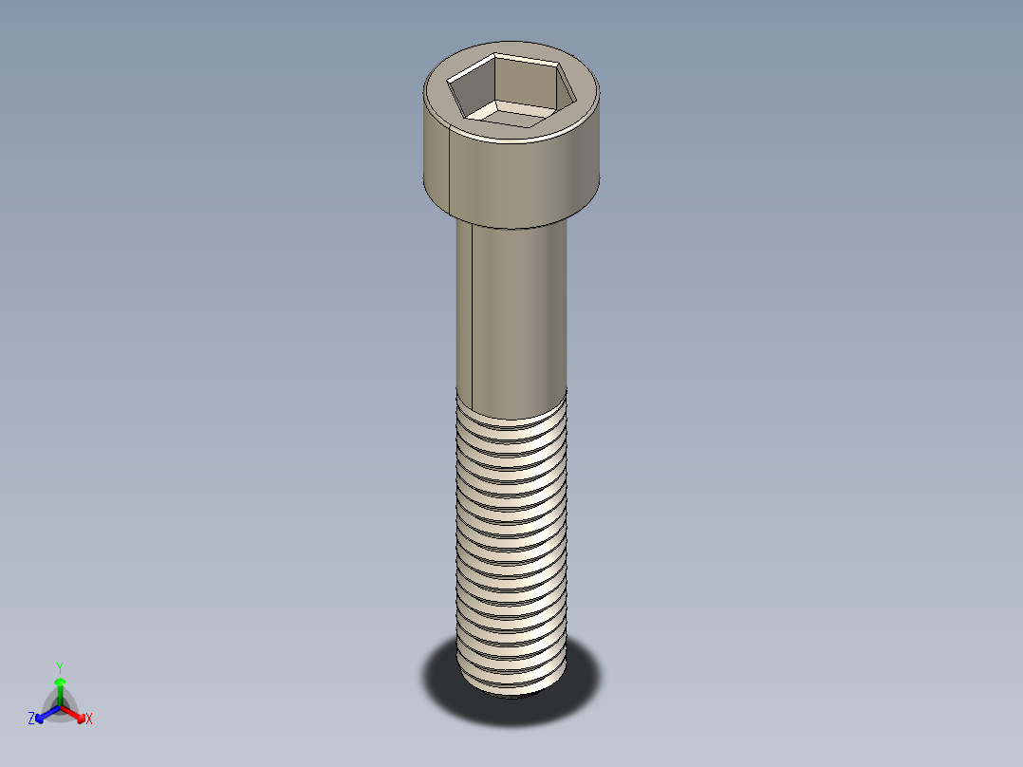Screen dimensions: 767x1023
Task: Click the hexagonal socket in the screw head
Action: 511,90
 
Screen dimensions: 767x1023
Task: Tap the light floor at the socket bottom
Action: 511,114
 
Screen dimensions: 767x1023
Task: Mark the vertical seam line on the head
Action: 446,171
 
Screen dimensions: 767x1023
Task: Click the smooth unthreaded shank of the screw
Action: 517,304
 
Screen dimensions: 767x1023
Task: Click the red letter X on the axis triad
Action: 88,720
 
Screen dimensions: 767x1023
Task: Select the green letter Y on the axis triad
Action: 59,667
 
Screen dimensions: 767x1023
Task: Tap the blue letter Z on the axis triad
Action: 31,720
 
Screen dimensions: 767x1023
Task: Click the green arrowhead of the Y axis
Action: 59,682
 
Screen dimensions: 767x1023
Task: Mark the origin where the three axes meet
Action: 60,706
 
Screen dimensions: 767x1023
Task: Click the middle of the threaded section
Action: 512,541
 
